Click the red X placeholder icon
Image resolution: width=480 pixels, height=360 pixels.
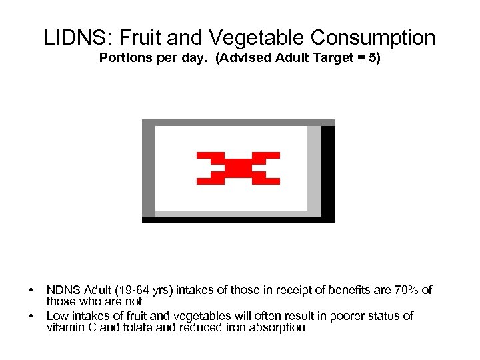click(238, 168)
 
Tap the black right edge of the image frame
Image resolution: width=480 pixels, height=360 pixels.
click(328, 171)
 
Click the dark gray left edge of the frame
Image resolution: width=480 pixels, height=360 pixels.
click(149, 171)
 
